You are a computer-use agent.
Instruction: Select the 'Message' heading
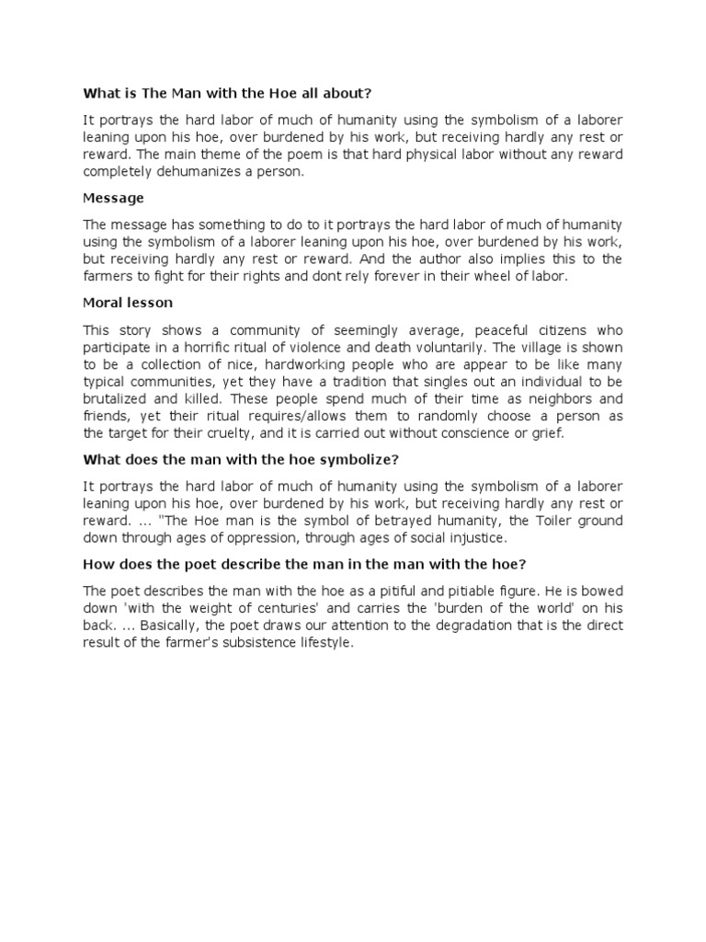point(114,198)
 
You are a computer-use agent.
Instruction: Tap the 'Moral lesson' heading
point(128,303)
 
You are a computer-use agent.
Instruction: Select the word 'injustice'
point(473,539)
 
